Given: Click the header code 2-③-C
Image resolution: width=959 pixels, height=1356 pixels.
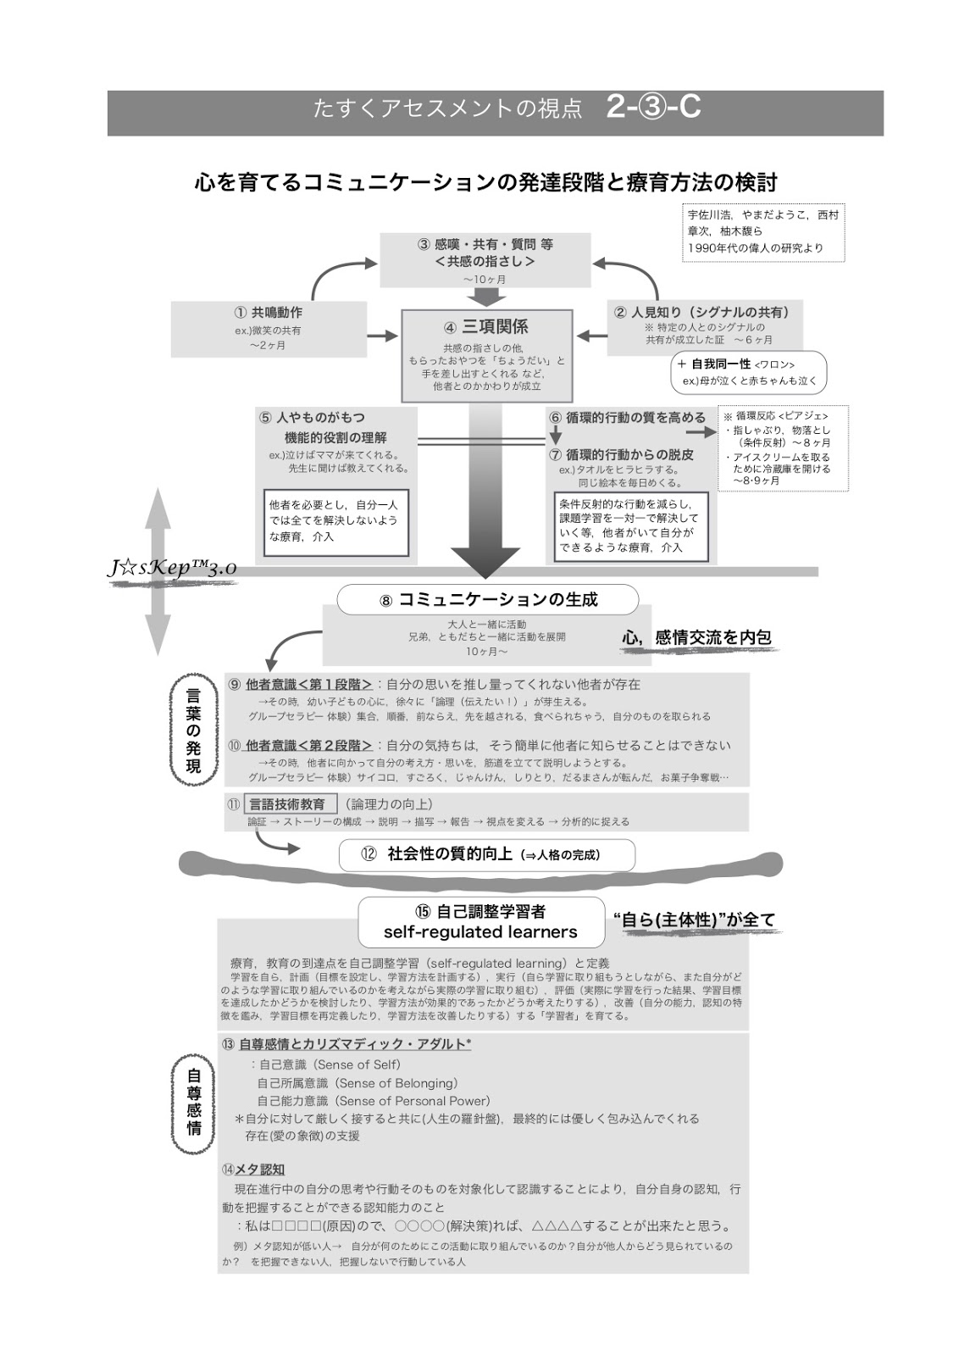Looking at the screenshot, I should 653,108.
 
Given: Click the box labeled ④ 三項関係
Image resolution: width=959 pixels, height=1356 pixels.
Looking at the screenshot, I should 486,355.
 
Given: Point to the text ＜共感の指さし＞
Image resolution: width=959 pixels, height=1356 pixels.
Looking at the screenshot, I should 485,262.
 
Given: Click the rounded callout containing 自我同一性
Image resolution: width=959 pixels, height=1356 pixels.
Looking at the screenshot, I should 749,372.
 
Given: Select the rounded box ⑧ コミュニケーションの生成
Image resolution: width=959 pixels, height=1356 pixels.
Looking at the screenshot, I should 487,599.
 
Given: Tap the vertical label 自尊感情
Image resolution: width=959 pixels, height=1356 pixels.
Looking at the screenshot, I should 194,1101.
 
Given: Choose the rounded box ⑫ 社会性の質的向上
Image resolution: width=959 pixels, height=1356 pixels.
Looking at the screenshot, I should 486,854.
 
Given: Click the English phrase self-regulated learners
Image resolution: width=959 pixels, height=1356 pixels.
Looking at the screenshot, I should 480,932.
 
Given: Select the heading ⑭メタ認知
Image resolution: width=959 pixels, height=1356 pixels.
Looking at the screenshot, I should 253,1169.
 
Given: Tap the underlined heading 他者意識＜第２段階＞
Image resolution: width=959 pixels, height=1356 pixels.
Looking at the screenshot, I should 308,746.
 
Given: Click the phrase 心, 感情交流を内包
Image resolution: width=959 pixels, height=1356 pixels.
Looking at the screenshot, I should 696,637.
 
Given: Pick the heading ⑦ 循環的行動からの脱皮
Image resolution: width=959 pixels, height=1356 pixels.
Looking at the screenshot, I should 623,453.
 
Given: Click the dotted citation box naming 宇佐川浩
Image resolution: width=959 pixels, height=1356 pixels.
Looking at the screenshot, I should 762,231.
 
